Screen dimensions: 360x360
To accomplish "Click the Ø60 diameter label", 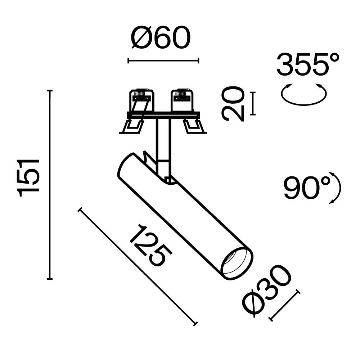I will coord(160,39).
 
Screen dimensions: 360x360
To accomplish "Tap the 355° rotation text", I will coord(308,65).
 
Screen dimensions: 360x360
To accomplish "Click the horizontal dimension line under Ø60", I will coord(163,61).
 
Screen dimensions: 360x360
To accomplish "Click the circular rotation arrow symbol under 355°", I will coord(303,94).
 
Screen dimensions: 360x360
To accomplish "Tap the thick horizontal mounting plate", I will coord(163,115).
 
